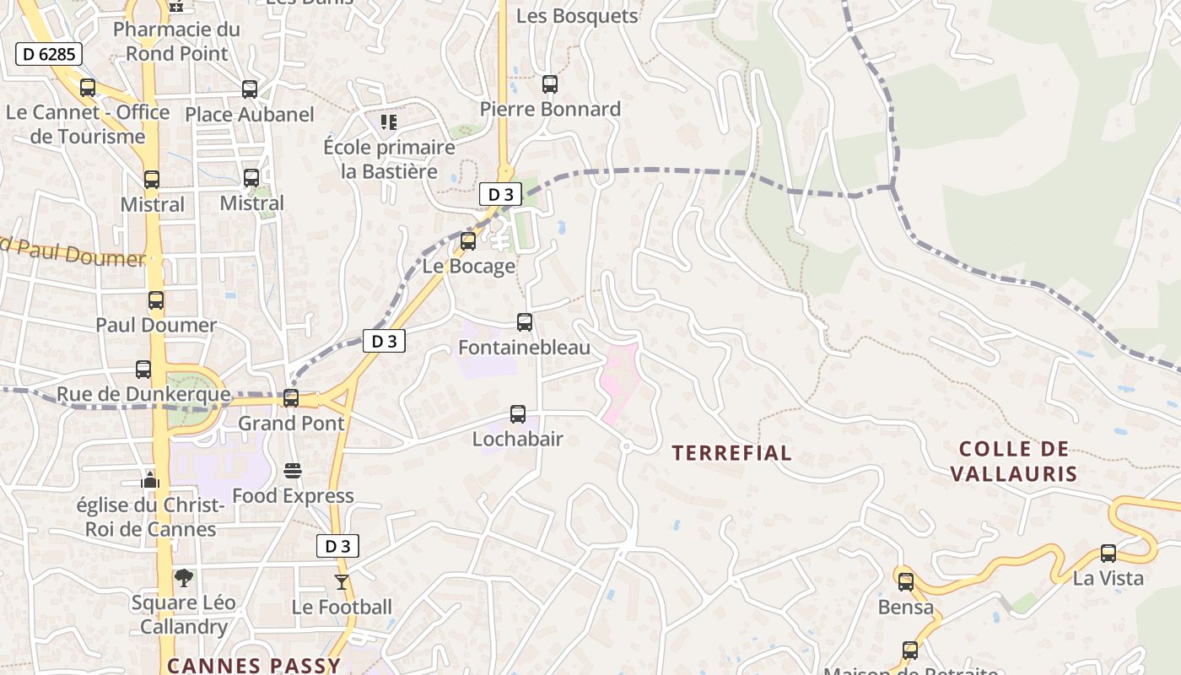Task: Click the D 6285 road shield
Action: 48,55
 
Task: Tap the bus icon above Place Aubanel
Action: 249,89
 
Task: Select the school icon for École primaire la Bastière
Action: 388,122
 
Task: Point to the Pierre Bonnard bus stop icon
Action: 550,84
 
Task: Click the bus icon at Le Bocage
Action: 468,241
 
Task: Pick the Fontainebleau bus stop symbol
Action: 524,322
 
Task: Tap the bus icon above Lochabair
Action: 517,414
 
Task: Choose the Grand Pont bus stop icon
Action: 291,397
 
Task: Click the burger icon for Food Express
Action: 293,470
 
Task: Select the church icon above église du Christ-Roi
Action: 150,481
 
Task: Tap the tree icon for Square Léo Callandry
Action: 184,578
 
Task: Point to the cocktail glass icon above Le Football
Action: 341,581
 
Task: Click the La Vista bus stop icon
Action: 1108,553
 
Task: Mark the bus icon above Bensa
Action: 906,581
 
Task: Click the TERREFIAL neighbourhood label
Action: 731,453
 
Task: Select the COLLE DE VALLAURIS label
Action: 1014,461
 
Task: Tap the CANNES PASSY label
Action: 253,665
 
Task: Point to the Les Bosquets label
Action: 577,16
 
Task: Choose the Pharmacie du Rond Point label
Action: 176,41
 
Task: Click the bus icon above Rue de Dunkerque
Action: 143,370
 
